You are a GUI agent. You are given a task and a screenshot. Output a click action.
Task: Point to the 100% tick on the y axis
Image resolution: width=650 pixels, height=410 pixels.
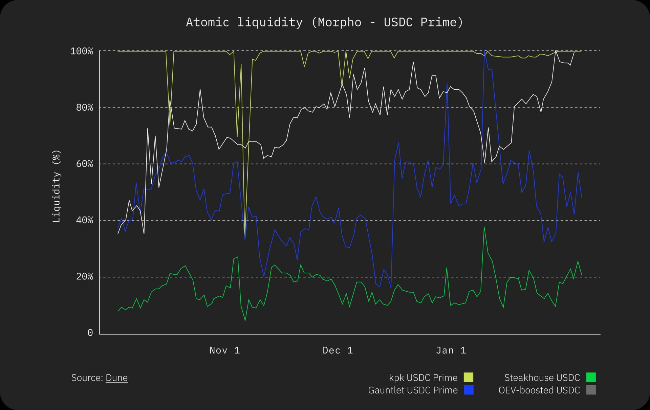tap(82, 51)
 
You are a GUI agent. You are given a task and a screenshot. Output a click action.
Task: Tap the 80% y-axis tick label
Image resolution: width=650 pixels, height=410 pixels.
tap(84, 108)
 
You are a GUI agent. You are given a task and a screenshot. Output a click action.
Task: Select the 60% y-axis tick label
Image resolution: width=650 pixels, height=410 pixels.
tap(84, 164)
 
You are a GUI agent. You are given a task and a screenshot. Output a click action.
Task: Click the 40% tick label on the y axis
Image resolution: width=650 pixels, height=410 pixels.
tap(84, 221)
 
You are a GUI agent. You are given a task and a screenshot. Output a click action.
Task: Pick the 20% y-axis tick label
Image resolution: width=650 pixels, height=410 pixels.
tap(84, 277)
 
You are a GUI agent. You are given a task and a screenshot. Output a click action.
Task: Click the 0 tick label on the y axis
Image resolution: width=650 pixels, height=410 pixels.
tap(90, 333)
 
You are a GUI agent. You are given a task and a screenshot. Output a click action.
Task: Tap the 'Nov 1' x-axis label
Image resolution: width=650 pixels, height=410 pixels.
tap(225, 350)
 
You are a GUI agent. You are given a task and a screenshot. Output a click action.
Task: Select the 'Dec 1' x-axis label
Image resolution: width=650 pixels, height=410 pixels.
tap(338, 350)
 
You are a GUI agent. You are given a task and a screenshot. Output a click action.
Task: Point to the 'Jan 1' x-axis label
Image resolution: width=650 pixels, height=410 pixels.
tap(451, 350)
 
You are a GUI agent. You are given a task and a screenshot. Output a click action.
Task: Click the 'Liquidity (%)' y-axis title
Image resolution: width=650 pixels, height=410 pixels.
tap(57, 186)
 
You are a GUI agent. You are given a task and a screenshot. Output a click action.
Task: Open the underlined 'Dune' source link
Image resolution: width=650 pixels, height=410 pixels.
tap(116, 378)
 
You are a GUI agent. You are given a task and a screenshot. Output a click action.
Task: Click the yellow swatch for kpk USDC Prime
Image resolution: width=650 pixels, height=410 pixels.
tap(469, 377)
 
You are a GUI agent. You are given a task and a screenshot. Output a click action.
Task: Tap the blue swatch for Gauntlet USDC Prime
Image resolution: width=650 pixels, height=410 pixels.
tap(469, 390)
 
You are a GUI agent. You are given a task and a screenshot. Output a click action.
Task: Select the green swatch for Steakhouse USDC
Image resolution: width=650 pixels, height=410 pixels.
tap(591, 377)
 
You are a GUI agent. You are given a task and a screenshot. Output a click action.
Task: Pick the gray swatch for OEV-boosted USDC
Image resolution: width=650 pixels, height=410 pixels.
tap(591, 390)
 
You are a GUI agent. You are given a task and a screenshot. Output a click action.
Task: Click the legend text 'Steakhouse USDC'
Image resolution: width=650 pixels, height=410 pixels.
tap(542, 378)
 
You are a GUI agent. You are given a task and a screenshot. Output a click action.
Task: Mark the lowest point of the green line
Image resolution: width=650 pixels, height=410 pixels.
tap(245, 320)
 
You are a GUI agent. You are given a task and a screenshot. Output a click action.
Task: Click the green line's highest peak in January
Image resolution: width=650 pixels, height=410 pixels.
tap(484, 227)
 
